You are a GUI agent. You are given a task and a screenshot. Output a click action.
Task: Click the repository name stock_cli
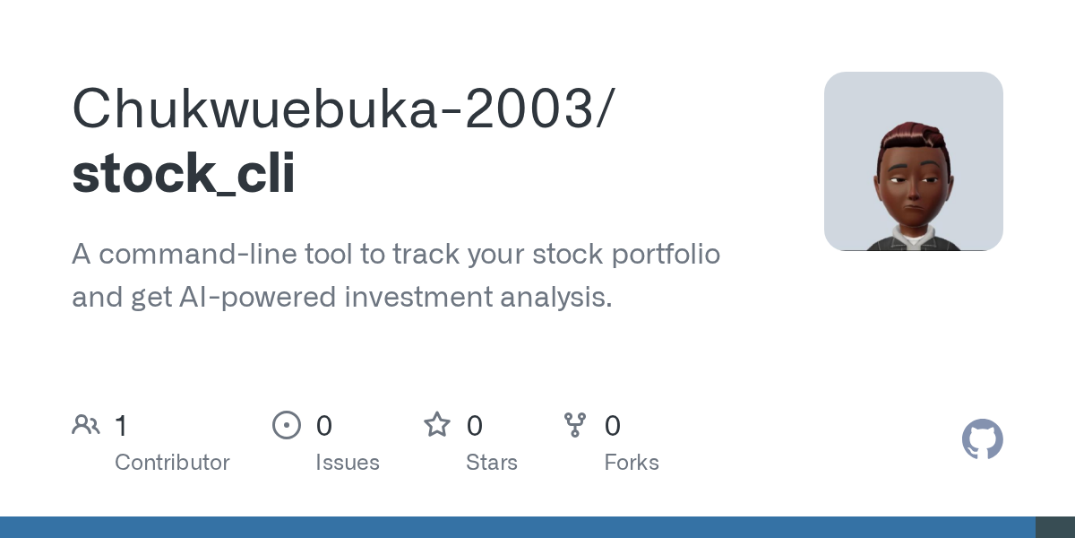point(183,173)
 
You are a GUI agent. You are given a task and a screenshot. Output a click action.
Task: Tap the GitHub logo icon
point(982,439)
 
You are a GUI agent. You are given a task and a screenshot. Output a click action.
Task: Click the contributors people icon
point(86,424)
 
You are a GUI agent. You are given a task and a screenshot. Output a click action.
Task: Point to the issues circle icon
point(287,424)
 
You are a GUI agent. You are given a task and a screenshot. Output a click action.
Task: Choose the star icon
point(437,424)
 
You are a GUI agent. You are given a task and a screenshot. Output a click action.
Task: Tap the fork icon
point(575,424)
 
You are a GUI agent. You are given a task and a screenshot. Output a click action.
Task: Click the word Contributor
point(172,463)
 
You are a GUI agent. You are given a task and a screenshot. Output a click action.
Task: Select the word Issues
point(348,463)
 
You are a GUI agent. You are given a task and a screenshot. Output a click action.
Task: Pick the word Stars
point(492,463)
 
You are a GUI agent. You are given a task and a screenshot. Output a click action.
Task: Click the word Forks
point(632,463)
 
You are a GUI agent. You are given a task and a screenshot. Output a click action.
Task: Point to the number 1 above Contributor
point(121,426)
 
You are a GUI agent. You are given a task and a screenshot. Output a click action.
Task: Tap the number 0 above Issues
point(324,426)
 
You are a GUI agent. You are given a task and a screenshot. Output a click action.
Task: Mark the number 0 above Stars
point(475,426)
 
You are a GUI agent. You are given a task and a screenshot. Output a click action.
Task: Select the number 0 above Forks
point(613,426)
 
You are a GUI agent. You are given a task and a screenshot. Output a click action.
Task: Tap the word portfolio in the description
point(665,255)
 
